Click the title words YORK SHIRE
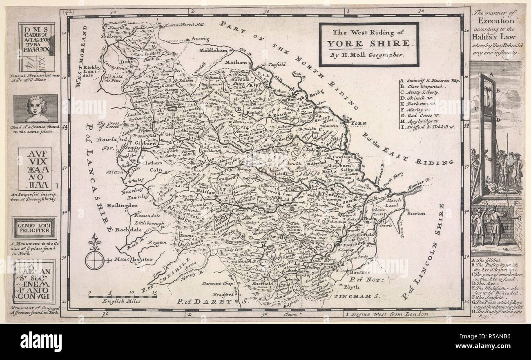(368, 43)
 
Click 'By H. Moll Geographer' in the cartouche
(368, 54)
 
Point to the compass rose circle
(95, 260)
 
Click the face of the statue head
(37, 108)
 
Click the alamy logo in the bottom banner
(41, 341)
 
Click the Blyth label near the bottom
(352, 287)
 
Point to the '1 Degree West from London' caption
(386, 314)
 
